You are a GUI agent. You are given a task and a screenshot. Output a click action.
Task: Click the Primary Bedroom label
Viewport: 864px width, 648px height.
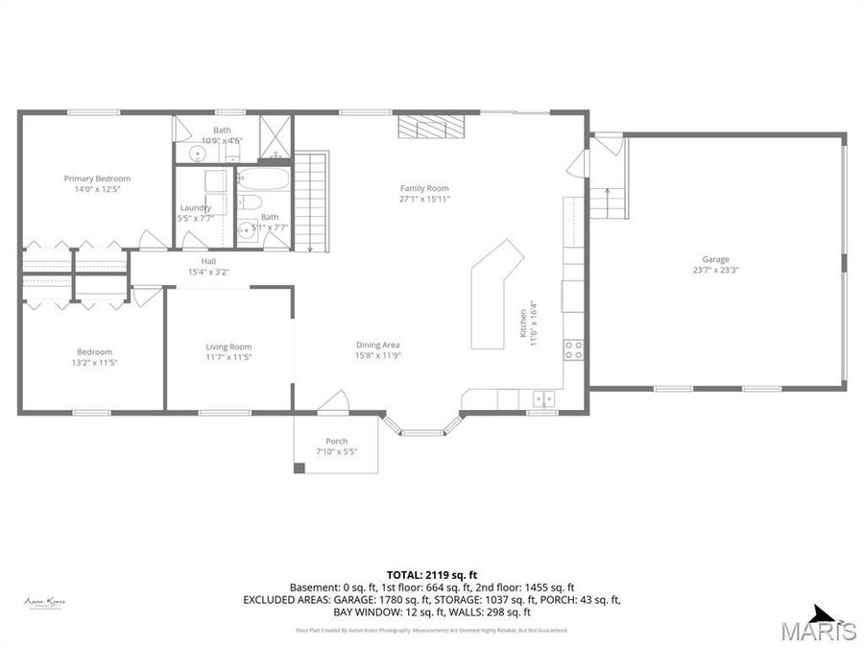point(97,179)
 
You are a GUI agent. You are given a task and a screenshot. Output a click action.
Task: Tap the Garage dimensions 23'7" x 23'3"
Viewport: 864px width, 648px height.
point(715,270)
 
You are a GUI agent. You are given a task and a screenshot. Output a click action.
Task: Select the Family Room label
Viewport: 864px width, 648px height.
point(424,188)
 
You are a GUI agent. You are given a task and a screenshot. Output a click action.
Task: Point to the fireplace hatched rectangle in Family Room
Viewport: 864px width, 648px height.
point(431,127)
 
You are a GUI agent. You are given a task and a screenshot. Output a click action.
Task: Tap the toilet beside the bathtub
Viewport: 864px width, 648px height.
point(251,202)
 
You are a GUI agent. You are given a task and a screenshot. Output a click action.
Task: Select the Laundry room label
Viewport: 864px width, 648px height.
point(196,207)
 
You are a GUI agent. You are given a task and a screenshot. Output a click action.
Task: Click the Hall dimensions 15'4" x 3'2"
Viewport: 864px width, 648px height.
point(208,272)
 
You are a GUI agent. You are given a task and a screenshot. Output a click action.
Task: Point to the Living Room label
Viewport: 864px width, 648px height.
point(228,347)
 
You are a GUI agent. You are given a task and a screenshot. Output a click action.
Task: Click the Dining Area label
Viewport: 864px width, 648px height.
point(377,345)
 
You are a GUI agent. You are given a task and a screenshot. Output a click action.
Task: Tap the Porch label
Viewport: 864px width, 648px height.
point(336,442)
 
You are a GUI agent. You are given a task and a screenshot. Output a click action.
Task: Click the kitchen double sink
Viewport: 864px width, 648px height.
point(544,396)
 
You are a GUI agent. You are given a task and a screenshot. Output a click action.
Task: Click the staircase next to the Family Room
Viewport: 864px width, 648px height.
point(310,202)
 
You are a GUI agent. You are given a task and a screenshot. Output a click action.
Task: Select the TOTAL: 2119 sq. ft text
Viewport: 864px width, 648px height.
point(431,573)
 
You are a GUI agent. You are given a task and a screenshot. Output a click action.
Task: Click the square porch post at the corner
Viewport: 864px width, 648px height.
point(299,468)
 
